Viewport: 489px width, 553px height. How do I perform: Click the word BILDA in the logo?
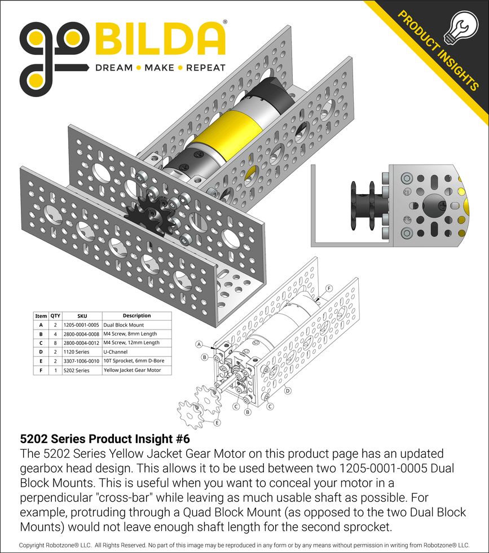tap(161, 39)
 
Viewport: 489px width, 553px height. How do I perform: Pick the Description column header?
tap(136, 316)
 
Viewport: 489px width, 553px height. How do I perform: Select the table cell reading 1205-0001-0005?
tap(82, 325)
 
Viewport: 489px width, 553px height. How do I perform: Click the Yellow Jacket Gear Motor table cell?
tap(132, 370)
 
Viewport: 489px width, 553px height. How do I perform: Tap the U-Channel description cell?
tap(116, 352)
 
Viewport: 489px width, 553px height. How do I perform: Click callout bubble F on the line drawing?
tap(329, 288)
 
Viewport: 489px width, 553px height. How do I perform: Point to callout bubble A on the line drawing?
tap(199, 344)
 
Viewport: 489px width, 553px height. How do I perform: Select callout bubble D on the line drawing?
tap(288, 390)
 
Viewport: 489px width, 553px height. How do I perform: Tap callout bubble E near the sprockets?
tap(217, 422)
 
